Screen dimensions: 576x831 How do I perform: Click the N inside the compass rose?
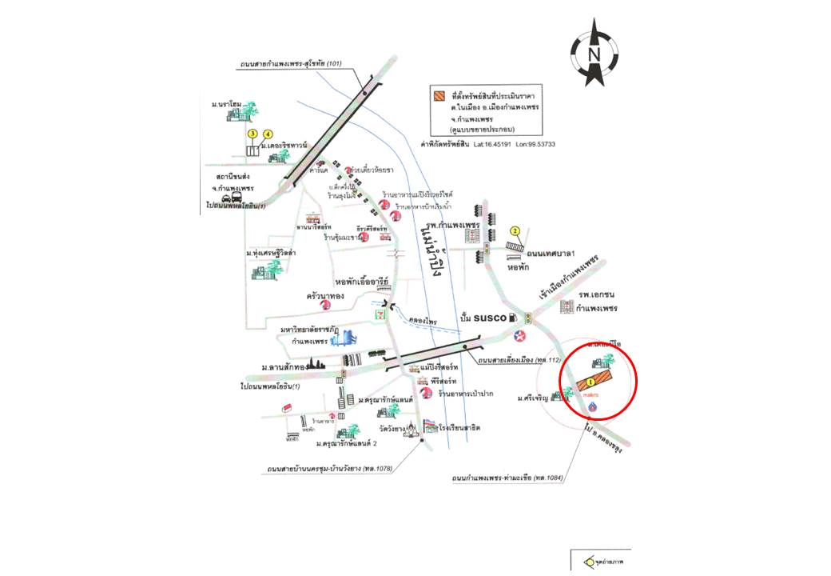[x=594, y=54]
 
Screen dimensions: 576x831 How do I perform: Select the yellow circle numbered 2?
[x=515, y=231]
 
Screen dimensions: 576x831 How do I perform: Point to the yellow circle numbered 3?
[x=252, y=134]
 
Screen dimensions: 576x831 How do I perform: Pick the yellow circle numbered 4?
[x=268, y=134]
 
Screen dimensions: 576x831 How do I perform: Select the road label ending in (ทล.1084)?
[x=506, y=478]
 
